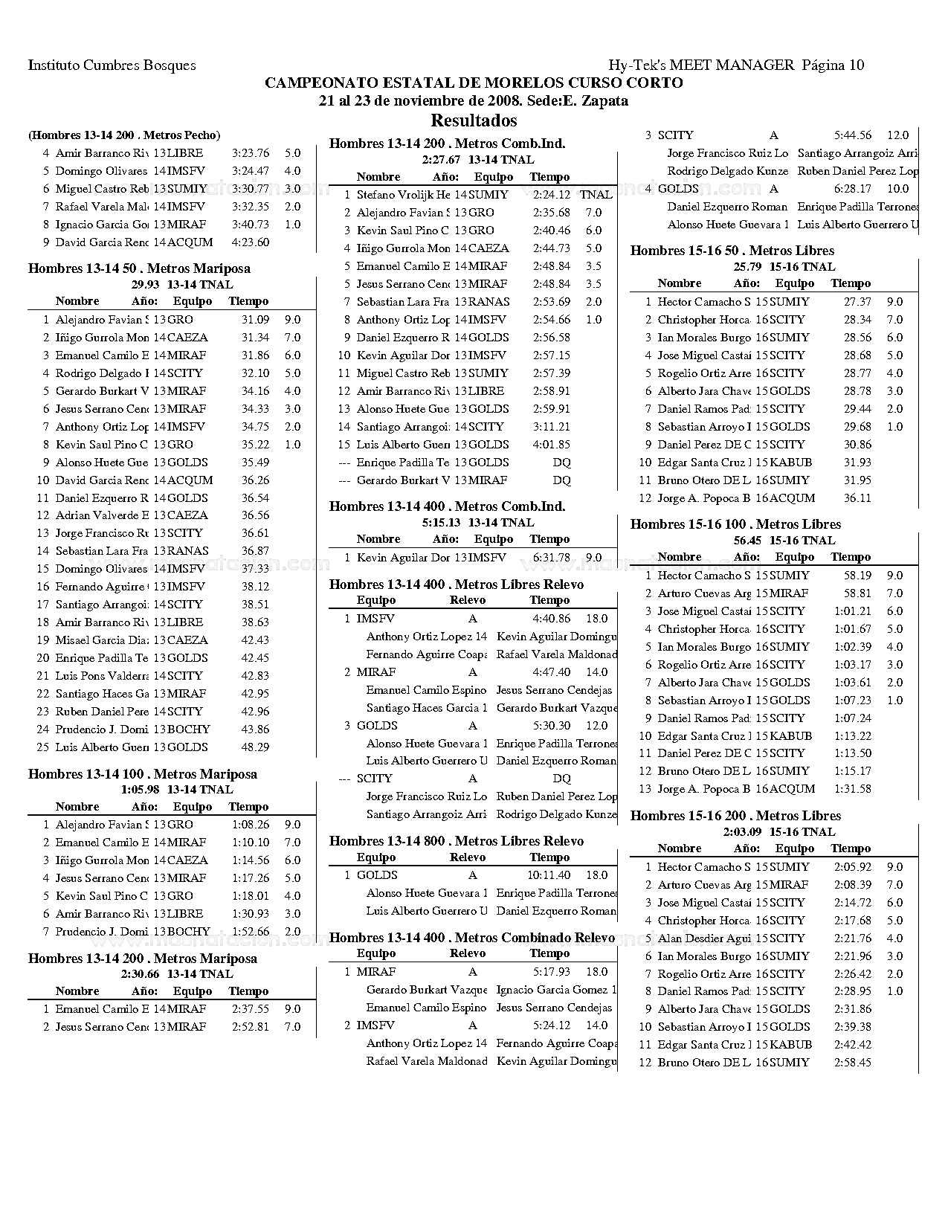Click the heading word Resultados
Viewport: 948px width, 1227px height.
tap(474, 120)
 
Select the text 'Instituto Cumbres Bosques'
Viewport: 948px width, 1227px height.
tap(112, 65)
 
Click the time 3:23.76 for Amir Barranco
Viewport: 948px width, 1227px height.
tap(251, 153)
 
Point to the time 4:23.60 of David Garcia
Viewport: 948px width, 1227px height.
tap(251, 242)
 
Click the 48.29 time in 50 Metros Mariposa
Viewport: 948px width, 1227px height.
tap(255, 747)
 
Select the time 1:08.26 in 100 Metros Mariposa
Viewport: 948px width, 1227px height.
tap(251, 825)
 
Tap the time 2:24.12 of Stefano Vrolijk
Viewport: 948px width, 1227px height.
tap(552, 195)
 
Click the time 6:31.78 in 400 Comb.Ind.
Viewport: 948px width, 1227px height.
tap(552, 558)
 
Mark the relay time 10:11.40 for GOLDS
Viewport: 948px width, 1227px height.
tap(549, 875)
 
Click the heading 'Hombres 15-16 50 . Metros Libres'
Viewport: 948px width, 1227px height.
tap(732, 251)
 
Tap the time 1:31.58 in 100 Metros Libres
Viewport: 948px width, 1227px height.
tap(853, 789)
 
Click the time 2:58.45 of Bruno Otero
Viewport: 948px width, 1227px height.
tap(853, 1063)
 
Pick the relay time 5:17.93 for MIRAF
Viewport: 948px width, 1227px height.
tap(552, 972)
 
